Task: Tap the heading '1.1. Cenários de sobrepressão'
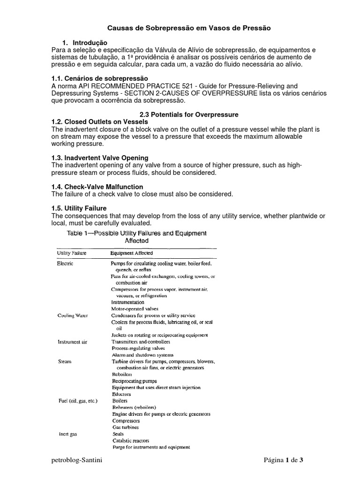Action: point(99,78)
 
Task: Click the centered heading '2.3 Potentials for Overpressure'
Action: point(189,114)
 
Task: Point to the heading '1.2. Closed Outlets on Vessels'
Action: point(99,122)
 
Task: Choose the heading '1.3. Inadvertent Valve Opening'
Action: point(99,158)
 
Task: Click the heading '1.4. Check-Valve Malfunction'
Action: point(97,187)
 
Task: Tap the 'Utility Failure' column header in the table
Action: point(71,253)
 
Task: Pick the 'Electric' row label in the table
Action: point(65,263)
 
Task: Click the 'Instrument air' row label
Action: point(72,342)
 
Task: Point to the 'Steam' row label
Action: point(64,361)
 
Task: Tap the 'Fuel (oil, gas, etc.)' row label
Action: point(77,401)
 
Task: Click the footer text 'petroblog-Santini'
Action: point(77,460)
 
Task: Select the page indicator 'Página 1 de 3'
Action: point(284,460)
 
